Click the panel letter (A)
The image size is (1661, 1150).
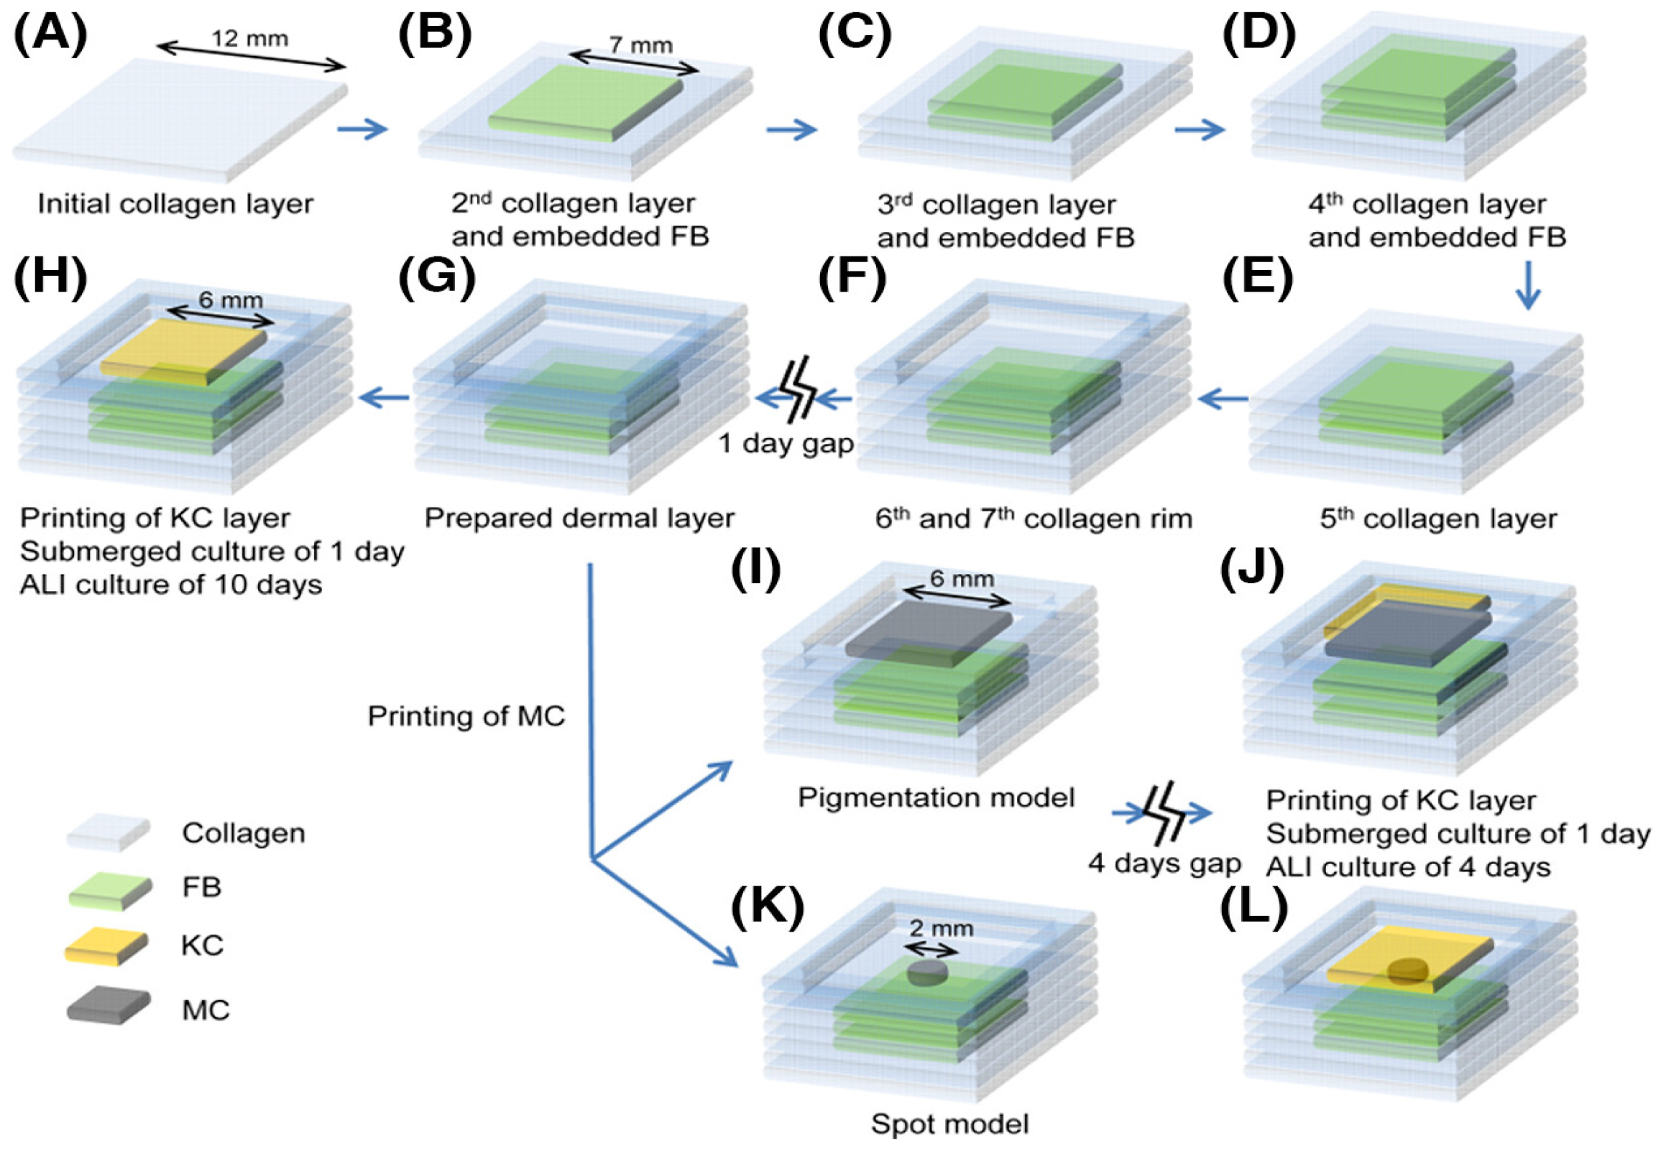50,34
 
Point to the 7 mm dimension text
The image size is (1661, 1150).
641,45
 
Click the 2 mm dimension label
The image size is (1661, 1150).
940,928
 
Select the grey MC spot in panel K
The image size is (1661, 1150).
927,973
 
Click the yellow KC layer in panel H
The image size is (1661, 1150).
184,351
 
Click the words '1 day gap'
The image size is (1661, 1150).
786,444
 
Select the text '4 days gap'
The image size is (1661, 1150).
1164,863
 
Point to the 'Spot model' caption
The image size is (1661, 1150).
949,1123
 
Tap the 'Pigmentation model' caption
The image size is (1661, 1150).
936,797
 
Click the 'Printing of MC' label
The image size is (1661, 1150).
466,715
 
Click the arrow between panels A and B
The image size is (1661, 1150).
363,129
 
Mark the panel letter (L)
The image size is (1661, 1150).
1253,909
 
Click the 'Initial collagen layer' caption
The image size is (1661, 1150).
175,204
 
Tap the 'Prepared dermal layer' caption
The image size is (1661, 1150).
579,518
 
